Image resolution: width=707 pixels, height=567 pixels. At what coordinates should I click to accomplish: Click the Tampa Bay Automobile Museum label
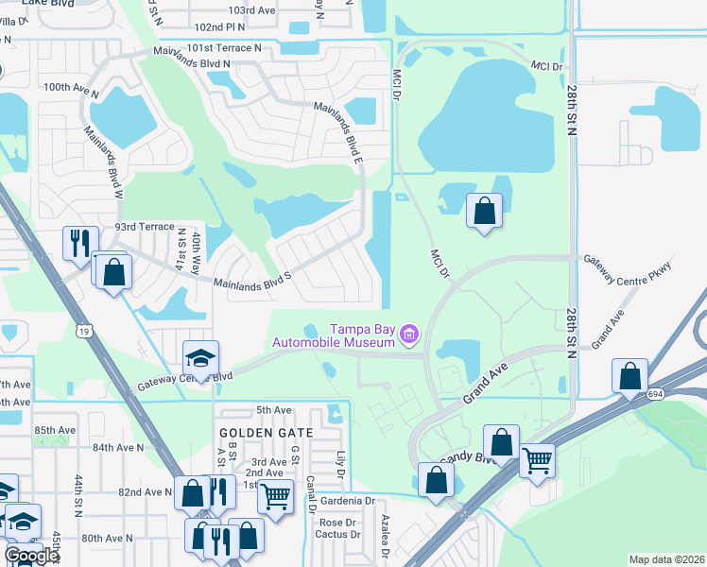pyautogui.click(x=362, y=335)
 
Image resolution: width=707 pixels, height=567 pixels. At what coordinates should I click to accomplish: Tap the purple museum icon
pyautogui.click(x=408, y=334)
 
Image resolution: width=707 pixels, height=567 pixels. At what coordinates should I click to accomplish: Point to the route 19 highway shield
pyautogui.click(x=86, y=331)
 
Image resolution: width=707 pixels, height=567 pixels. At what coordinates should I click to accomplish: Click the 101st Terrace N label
pyautogui.click(x=224, y=47)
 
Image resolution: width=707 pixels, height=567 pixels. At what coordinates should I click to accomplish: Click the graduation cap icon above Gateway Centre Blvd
pyautogui.click(x=200, y=356)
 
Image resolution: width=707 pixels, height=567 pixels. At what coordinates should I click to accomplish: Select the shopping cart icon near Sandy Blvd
pyautogui.click(x=537, y=459)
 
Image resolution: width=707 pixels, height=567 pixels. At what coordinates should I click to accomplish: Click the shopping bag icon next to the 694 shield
pyautogui.click(x=629, y=375)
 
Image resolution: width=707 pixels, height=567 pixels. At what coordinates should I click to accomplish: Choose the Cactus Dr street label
pyautogui.click(x=339, y=534)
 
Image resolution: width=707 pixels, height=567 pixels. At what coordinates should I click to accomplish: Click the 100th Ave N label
pyautogui.click(x=71, y=88)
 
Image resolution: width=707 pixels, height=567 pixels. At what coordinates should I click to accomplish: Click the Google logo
pyautogui.click(x=32, y=556)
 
